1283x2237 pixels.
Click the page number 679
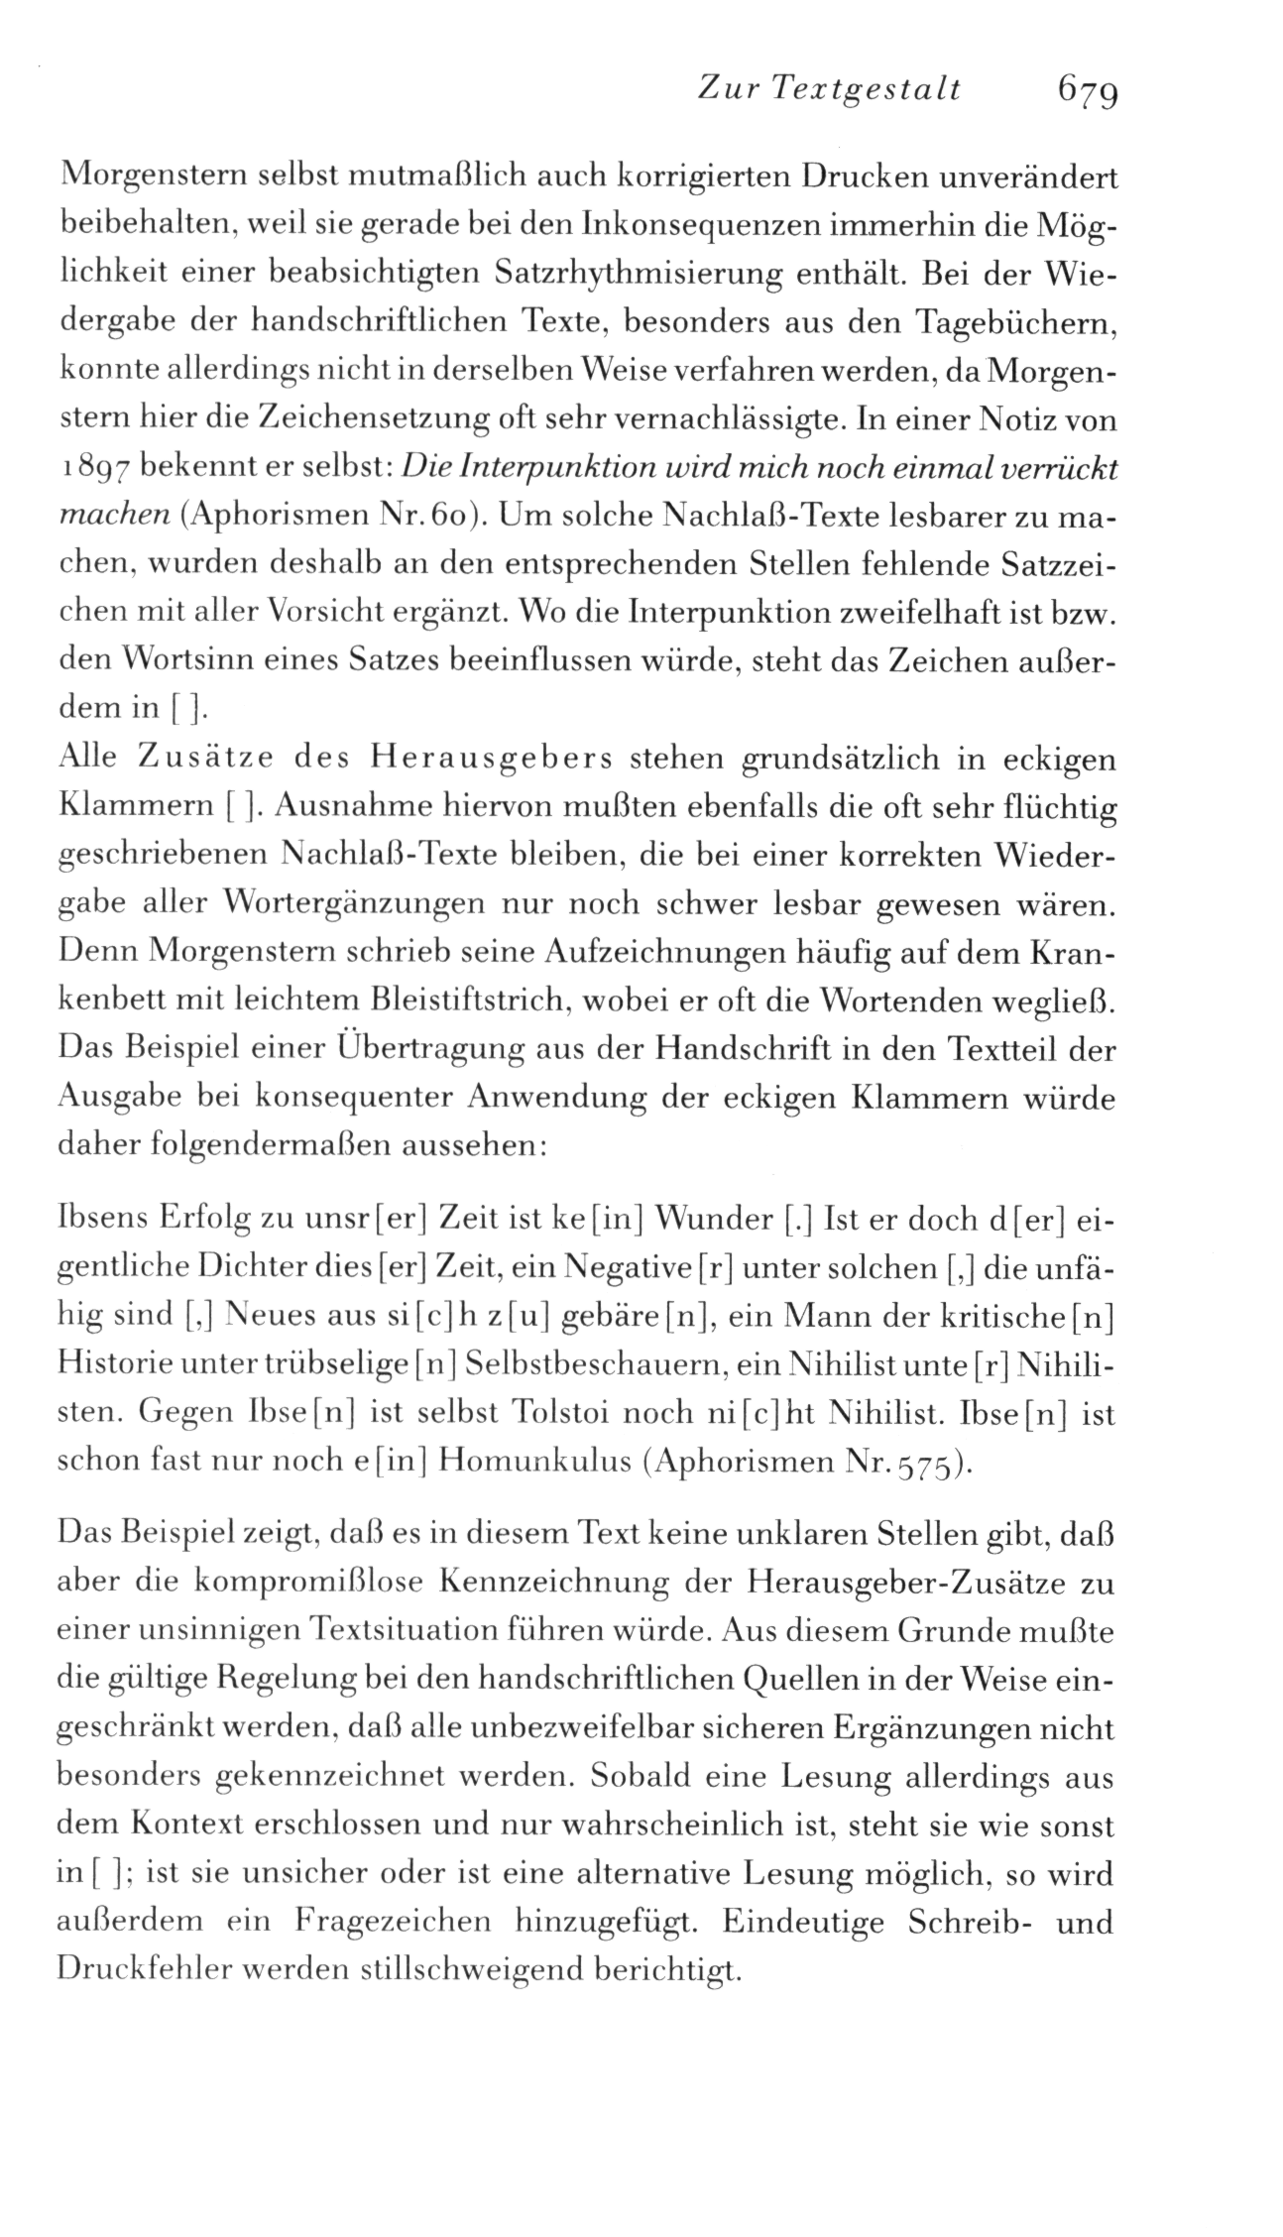pos(1088,91)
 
